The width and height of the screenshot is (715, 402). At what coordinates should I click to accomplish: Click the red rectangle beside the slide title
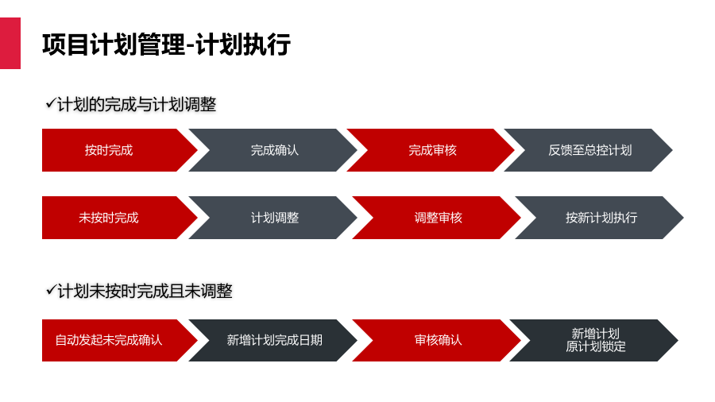(x=10, y=44)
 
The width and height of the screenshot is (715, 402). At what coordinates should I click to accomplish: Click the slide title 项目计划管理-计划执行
(x=167, y=44)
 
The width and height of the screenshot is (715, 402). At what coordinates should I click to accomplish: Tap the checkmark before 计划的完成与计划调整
(x=51, y=103)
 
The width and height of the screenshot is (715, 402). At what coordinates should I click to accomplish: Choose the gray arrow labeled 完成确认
(x=272, y=150)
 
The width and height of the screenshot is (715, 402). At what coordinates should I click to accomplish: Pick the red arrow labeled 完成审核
(x=431, y=150)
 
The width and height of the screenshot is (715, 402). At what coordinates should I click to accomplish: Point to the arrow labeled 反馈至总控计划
(x=588, y=150)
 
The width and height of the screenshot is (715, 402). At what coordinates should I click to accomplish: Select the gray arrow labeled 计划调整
(x=272, y=218)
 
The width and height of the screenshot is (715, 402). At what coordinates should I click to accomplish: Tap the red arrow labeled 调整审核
(x=436, y=218)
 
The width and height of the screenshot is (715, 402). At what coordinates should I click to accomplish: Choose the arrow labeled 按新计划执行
(x=599, y=218)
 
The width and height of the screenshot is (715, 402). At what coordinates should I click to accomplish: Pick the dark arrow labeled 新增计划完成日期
(x=272, y=341)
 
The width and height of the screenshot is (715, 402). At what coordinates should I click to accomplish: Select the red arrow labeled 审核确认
(x=436, y=341)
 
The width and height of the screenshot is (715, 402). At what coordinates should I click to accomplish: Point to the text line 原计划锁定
(x=596, y=347)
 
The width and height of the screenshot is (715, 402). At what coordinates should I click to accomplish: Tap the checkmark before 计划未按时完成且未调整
(x=51, y=290)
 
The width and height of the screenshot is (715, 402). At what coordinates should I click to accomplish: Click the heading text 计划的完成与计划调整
(x=137, y=104)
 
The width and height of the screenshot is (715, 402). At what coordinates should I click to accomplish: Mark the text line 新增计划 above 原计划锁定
(x=596, y=334)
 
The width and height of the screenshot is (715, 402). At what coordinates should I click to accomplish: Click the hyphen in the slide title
(x=190, y=46)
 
